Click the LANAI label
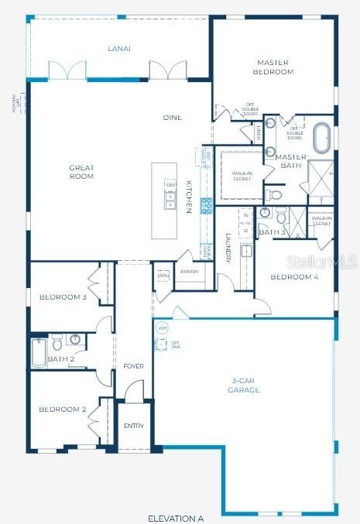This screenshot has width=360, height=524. (118, 49)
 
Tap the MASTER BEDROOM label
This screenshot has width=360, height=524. (273, 67)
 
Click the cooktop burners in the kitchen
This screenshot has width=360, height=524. (207, 206)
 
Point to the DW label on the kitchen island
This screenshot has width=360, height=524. (170, 185)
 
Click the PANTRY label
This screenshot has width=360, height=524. (190, 272)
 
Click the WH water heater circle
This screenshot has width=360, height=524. (162, 328)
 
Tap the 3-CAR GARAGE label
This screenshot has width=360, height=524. (245, 385)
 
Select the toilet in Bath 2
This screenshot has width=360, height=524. (57, 341)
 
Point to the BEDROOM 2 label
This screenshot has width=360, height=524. (62, 409)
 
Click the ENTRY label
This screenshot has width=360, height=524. (133, 426)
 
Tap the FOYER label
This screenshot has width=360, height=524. (133, 365)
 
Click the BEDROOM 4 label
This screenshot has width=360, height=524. (293, 276)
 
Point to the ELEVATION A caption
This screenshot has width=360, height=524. (176, 517)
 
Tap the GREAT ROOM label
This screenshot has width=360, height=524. (81, 171)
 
